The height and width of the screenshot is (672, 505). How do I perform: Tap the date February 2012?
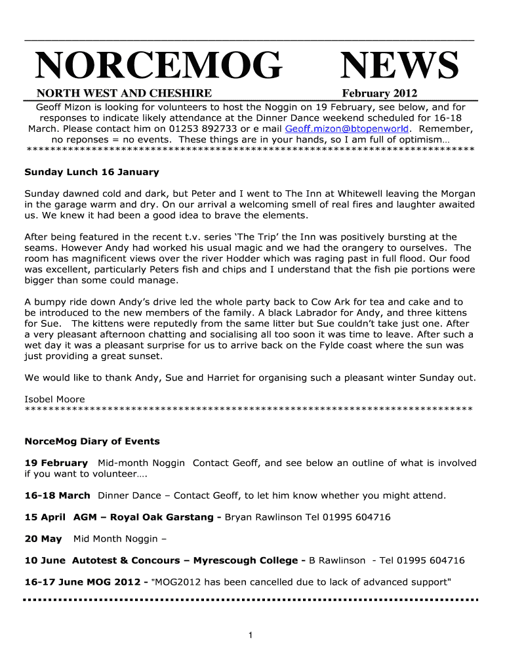pyautogui.click(x=379, y=94)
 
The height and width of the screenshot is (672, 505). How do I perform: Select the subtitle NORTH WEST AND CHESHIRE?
pyautogui.click(x=124, y=94)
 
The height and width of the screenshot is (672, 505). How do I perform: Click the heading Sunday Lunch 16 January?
pyautogui.click(x=92, y=172)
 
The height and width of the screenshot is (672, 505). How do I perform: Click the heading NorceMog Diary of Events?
pyautogui.click(x=92, y=441)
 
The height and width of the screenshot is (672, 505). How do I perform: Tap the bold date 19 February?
pyautogui.click(x=56, y=463)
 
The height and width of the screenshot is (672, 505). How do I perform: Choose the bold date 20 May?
pyautogui.click(x=43, y=539)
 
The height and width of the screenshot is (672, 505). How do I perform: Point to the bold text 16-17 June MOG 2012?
pyautogui.click(x=86, y=582)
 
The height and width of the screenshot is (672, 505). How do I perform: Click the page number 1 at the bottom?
pyautogui.click(x=251, y=635)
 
